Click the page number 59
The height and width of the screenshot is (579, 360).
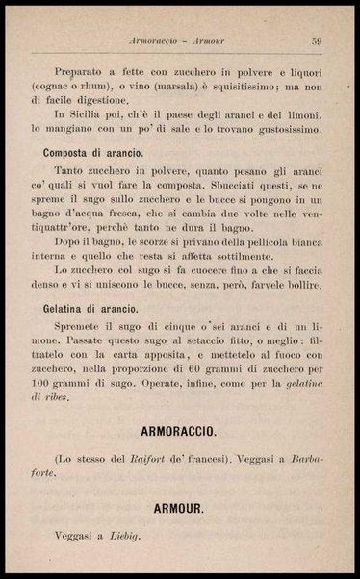point(315,40)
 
